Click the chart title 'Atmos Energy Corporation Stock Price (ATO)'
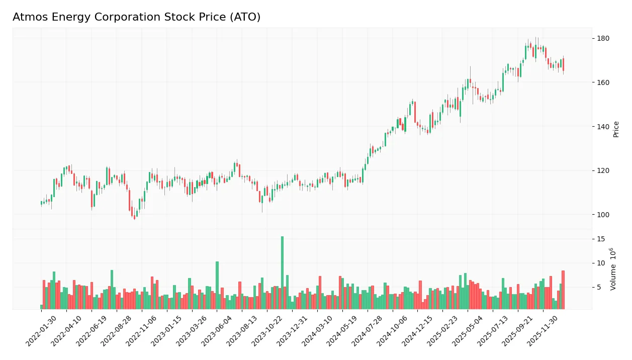(x=136, y=17)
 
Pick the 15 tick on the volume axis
(x=601, y=239)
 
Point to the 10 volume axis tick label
(x=601, y=263)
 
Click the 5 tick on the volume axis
(x=599, y=288)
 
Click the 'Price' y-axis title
(x=616, y=129)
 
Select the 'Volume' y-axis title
(x=613, y=269)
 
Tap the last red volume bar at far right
(x=563, y=290)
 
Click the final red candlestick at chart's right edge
(x=563, y=64)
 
